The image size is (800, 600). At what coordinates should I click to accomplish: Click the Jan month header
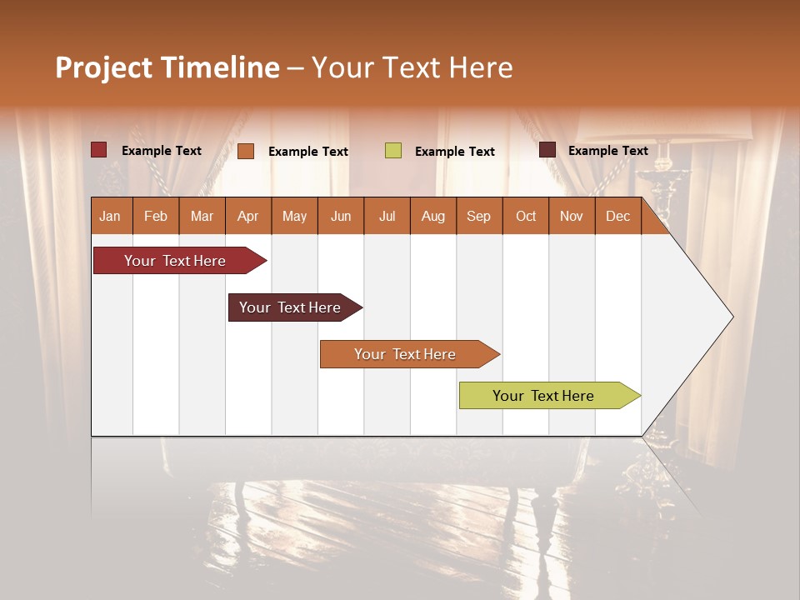point(110,216)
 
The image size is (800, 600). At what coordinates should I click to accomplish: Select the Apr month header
point(247,216)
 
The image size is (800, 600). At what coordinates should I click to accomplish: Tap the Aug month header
point(432,216)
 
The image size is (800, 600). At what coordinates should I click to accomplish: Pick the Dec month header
point(617,216)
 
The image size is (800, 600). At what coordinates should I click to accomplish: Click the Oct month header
point(525,216)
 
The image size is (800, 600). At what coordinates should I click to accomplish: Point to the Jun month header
point(340,216)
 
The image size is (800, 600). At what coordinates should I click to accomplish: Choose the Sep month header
point(478,216)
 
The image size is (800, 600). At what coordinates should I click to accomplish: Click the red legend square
point(98,150)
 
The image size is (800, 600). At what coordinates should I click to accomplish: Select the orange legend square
point(246,151)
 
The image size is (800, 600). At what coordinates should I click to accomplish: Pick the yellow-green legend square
point(393,151)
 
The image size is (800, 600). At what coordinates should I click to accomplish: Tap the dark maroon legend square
point(547,150)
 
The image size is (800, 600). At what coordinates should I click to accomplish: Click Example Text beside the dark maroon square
point(607,150)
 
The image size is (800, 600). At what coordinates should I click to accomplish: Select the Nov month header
point(571,216)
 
